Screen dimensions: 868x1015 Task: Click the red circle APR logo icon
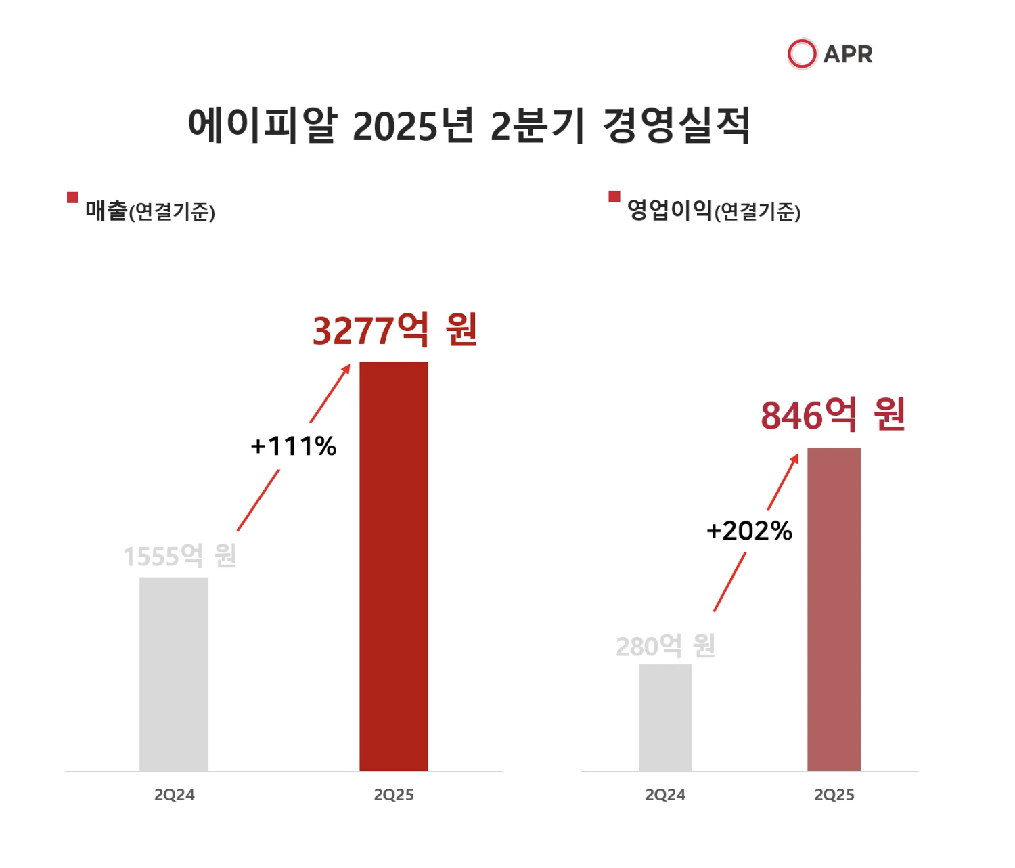pyautogui.click(x=802, y=54)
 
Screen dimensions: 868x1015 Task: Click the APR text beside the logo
pyautogui.click(x=848, y=54)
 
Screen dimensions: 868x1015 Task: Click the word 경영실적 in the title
pyautogui.click(x=676, y=125)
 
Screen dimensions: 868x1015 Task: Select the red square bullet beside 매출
pyautogui.click(x=72, y=197)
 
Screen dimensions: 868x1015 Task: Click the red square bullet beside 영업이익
pyautogui.click(x=614, y=197)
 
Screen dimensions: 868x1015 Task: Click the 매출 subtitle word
pyautogui.click(x=106, y=211)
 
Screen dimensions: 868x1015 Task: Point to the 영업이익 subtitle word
pyautogui.click(x=670, y=211)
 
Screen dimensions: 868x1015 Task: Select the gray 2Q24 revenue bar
pyautogui.click(x=174, y=674)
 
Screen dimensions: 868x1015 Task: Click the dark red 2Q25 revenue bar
pyautogui.click(x=393, y=566)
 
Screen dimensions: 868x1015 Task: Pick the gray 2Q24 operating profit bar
pyautogui.click(x=665, y=717)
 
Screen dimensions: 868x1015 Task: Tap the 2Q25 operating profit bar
pyautogui.click(x=834, y=609)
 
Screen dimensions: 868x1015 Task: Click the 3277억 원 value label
pyautogui.click(x=395, y=330)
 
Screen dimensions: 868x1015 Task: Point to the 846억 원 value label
pyautogui.click(x=833, y=415)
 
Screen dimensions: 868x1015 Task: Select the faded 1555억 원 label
pyautogui.click(x=180, y=557)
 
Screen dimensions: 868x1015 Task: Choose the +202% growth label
pyautogui.click(x=749, y=531)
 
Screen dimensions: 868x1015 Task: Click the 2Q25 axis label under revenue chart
pyautogui.click(x=393, y=795)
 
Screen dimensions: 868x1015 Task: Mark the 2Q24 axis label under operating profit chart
pyautogui.click(x=665, y=795)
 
